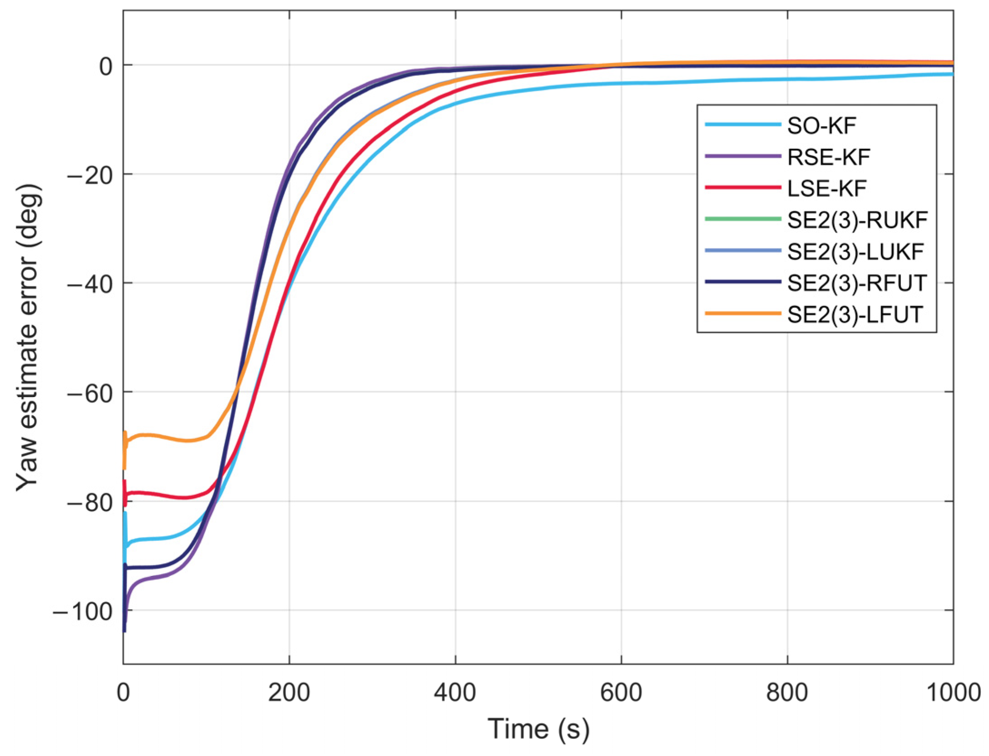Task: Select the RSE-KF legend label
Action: [828, 157]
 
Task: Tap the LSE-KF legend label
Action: [826, 188]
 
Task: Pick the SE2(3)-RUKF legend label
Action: [857, 220]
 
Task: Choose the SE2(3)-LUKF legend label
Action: [855, 251]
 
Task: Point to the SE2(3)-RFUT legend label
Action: [857, 283]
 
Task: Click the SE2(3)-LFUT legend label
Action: [855, 314]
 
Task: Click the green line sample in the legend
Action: [743, 219]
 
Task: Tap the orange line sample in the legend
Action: [743, 313]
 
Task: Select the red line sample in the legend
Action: [743, 187]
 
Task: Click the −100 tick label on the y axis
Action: [82, 612]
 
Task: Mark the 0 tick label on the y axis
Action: [106, 66]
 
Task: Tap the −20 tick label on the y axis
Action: [89, 175]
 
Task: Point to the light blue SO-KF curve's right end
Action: [951, 74]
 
